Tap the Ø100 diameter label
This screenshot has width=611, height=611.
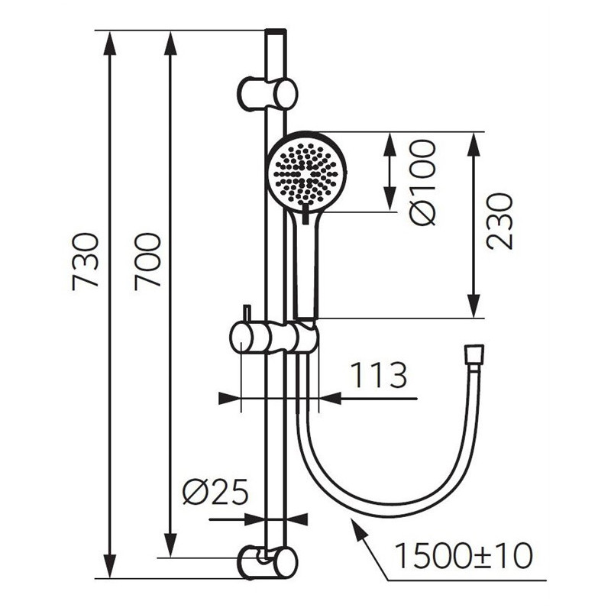click(422, 183)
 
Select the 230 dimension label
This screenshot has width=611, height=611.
click(499, 221)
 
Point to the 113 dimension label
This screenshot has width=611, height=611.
click(378, 375)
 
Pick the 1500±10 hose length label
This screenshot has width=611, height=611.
click(464, 555)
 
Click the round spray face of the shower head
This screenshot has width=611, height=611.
click(305, 171)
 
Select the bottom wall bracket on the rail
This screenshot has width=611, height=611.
click(268, 563)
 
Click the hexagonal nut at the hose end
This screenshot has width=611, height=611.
click(474, 354)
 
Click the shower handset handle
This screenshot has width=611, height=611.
click(306, 265)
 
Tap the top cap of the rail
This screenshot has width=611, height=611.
click(276, 32)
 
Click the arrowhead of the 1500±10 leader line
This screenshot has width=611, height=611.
click(358, 526)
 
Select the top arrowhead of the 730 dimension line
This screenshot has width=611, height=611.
click(111, 42)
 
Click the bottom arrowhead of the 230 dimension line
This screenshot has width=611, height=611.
click(474, 307)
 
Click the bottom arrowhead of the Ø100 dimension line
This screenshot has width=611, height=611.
click(390, 200)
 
